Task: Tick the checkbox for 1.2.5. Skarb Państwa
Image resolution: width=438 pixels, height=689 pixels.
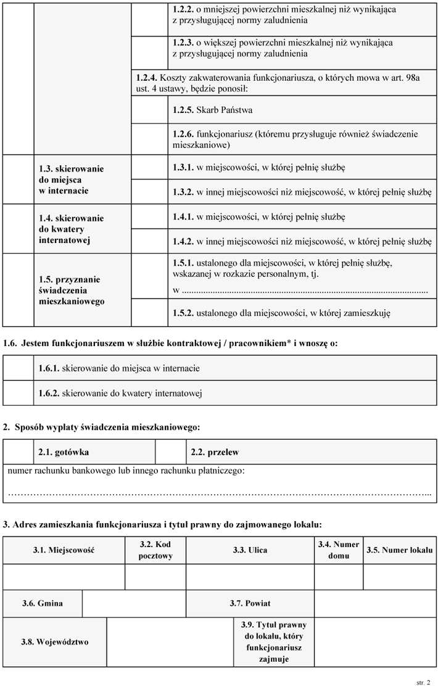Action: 149,110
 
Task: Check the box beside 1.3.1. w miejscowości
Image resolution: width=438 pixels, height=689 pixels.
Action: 149,167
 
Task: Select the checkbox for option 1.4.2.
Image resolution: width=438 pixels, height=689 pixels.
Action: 149,241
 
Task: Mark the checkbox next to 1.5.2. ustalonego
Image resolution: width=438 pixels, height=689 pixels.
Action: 149,313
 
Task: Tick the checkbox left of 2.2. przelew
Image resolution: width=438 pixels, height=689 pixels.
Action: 170,452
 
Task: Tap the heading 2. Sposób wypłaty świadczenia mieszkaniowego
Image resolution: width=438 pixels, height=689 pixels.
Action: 102,426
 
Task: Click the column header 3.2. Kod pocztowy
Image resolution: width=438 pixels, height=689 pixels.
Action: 155,550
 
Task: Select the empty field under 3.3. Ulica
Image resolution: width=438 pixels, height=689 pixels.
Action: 250,577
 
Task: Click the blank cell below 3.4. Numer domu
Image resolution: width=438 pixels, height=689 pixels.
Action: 339,577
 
